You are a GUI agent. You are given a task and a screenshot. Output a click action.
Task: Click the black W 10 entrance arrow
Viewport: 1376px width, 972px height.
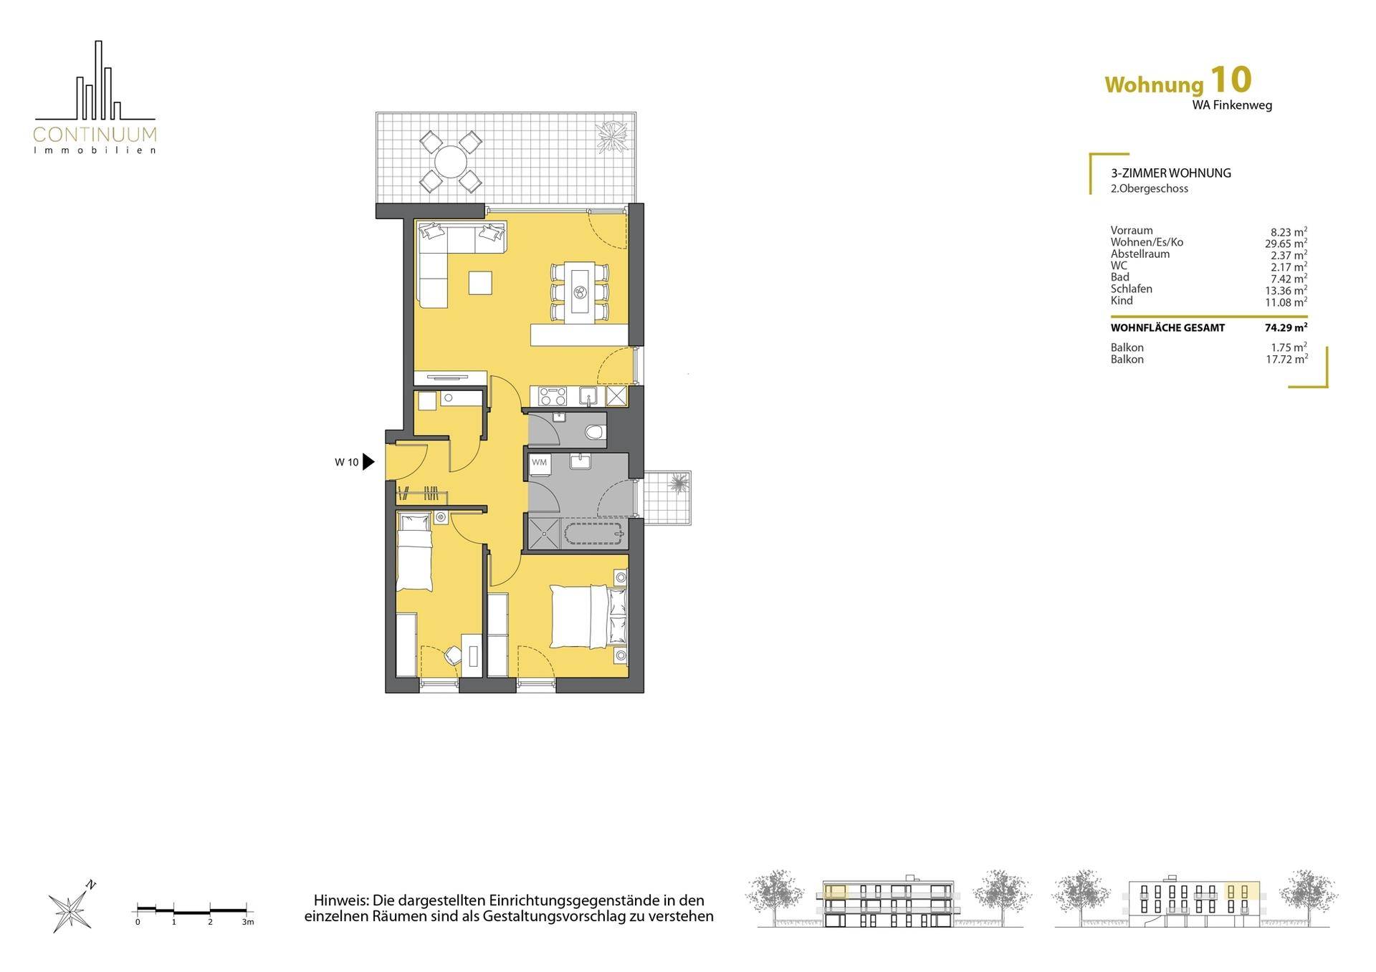368,462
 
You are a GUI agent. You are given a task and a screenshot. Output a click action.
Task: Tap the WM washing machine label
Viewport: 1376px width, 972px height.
539,463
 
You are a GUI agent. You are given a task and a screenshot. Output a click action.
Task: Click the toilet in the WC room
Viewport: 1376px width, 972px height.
593,432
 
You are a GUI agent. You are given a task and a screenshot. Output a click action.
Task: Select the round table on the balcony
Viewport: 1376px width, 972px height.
450,161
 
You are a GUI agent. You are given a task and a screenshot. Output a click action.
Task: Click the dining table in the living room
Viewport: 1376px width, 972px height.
580,292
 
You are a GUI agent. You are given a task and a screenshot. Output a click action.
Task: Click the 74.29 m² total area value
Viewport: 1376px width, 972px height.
1286,328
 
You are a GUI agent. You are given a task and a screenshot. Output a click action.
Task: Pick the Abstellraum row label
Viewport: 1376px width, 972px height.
1139,254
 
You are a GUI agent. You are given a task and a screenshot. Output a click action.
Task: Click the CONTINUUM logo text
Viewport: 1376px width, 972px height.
95,134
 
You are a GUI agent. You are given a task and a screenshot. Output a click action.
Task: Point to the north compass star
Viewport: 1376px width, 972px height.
67,911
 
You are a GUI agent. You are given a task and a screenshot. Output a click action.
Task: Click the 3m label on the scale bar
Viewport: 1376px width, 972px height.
248,922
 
